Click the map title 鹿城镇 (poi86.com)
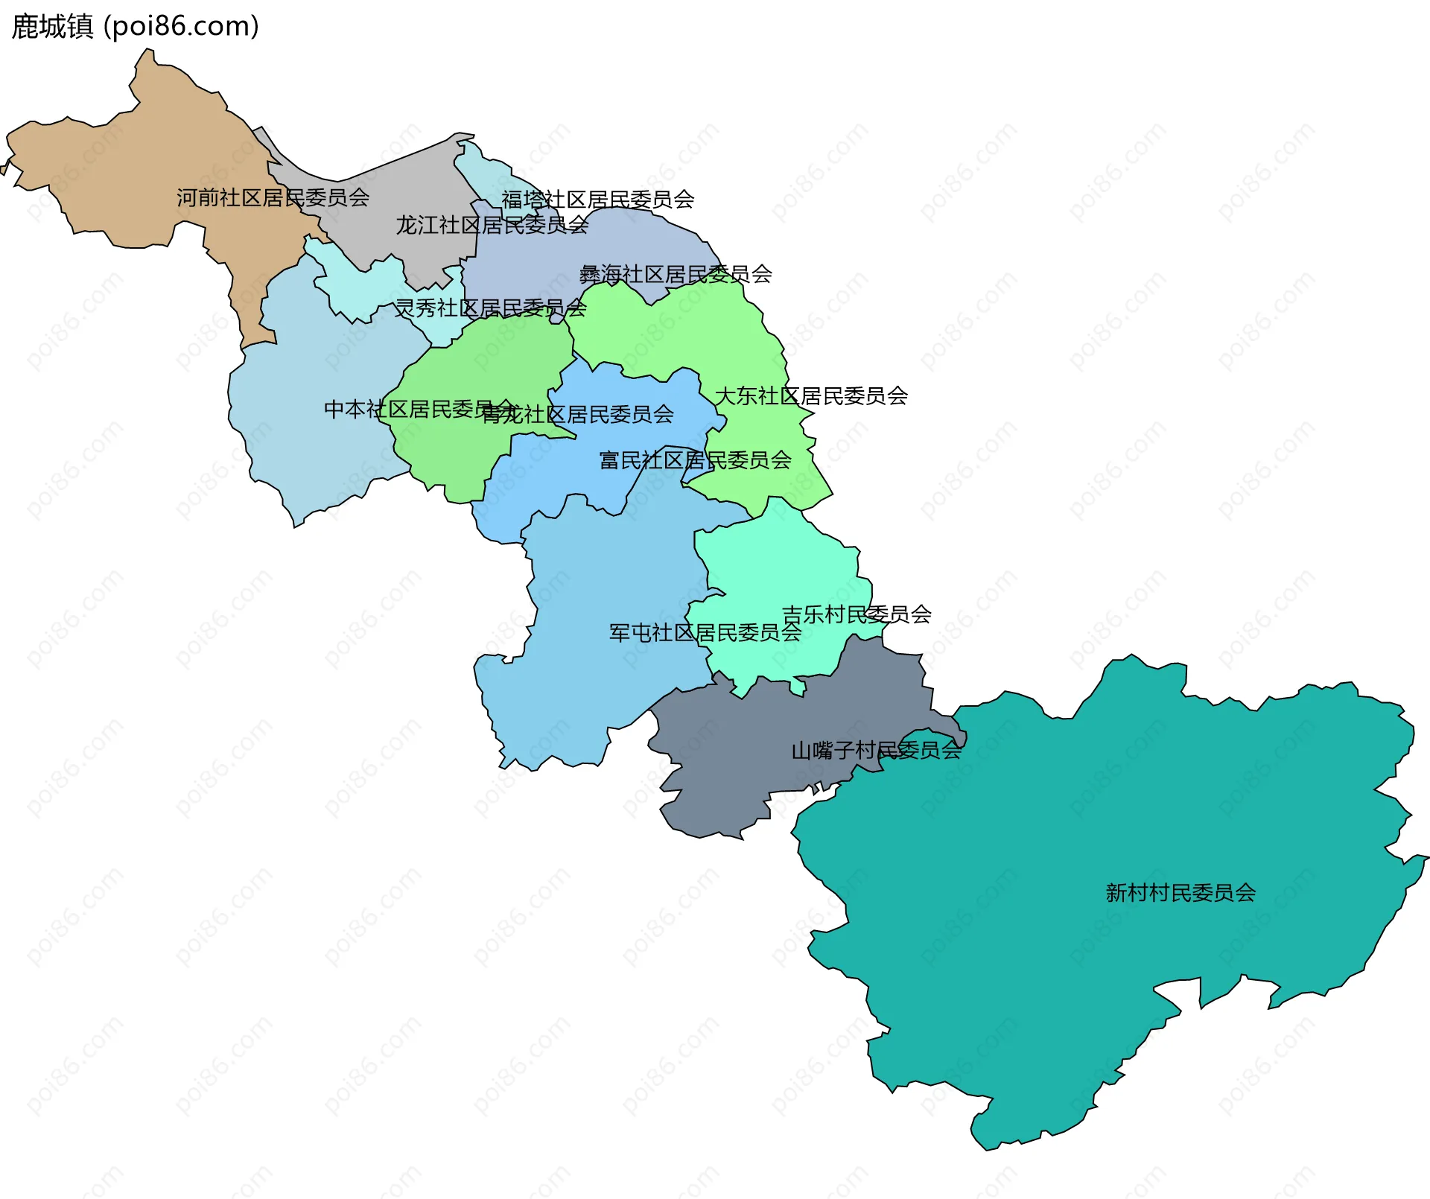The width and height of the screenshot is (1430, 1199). click(x=135, y=27)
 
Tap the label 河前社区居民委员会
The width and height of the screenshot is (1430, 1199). click(x=273, y=198)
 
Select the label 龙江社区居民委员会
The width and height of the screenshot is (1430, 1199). click(x=492, y=225)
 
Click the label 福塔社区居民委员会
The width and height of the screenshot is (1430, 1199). click(x=597, y=200)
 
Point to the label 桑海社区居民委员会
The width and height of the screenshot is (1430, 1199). click(x=676, y=275)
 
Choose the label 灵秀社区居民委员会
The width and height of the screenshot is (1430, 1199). click(x=490, y=308)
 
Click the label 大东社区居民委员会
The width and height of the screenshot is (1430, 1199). click(x=811, y=396)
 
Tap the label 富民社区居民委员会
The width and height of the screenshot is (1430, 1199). click(x=695, y=460)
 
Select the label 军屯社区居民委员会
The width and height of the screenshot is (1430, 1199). click(x=705, y=633)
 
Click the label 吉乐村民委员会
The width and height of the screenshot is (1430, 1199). click(x=857, y=614)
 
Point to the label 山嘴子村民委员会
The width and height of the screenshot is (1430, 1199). click(x=876, y=751)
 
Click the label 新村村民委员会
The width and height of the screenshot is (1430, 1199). click(x=1180, y=893)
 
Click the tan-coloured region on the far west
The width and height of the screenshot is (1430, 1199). click(x=149, y=164)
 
